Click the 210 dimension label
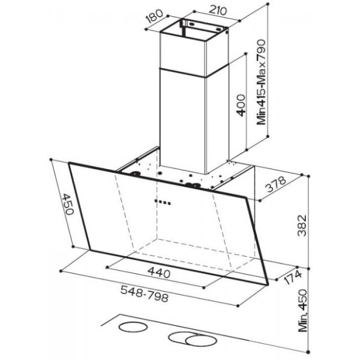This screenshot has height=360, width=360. point(218,11)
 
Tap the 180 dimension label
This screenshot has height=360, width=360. point(155,16)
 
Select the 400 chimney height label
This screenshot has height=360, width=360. point(241,105)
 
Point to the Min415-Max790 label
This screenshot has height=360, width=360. point(261,82)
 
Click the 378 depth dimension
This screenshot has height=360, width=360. point(276,184)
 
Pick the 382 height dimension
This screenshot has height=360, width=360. point(302,226)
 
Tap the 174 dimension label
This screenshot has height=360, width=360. point(292,278)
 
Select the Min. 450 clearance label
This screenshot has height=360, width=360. point(302,311)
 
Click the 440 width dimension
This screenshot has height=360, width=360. point(159,272)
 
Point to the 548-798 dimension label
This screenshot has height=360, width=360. point(145,293)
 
